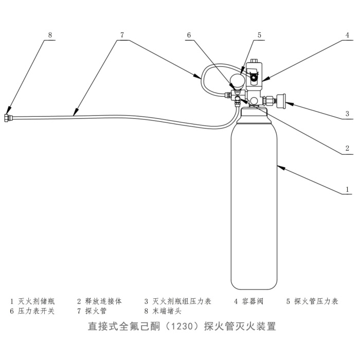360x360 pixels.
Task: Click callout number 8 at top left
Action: [50, 35]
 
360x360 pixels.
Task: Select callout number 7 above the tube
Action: [122, 35]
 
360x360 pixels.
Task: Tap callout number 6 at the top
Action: [189, 35]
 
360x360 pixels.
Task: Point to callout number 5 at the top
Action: [260, 35]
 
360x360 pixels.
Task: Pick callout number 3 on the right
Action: [347, 114]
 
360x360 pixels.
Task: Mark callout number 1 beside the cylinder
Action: [347, 189]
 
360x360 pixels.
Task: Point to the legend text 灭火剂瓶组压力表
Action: [182, 301]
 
